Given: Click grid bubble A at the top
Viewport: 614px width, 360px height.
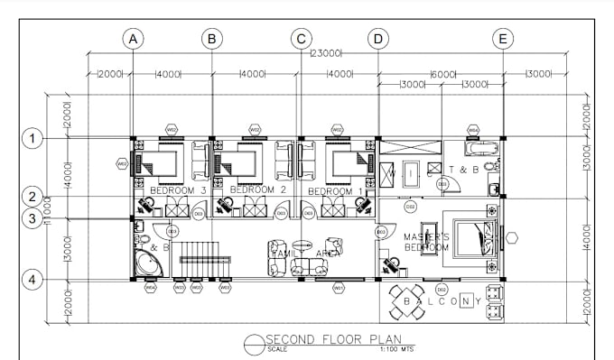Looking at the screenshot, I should (133, 39).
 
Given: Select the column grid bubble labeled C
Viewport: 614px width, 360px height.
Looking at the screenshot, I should (301, 39).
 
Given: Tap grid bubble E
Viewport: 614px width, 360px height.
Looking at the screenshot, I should (503, 39).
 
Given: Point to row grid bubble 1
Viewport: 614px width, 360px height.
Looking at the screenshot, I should (33, 138).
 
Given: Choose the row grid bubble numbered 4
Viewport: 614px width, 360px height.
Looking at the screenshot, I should (33, 280).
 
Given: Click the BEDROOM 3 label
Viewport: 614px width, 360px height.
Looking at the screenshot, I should (178, 191).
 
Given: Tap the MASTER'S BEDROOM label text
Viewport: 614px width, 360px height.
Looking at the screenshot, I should (426, 242).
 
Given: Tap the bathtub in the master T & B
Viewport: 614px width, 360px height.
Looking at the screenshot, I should (473, 147).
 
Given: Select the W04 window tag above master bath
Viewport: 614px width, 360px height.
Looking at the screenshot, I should (473, 129).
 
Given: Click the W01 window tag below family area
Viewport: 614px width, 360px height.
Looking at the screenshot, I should (339, 288).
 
